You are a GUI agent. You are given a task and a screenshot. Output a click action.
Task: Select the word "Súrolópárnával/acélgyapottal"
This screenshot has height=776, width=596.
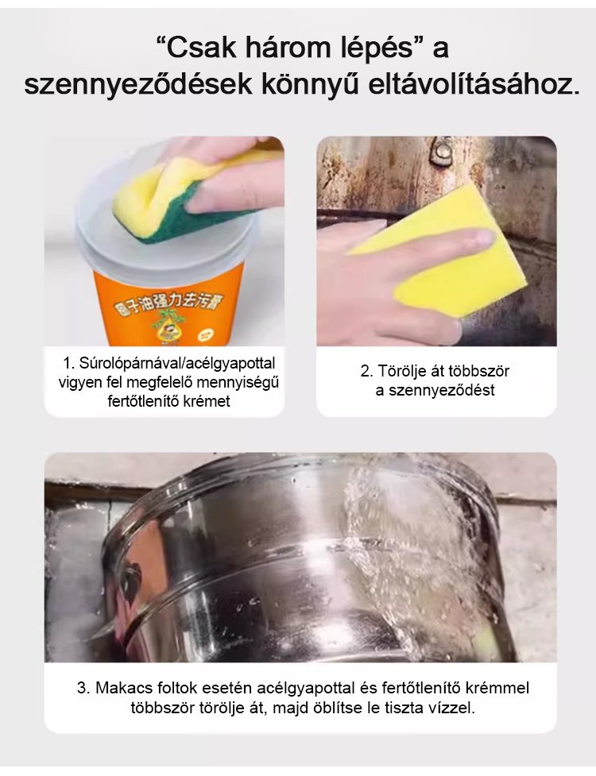click(x=176, y=364)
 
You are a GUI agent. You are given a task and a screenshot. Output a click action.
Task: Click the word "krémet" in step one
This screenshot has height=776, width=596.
click(x=207, y=400)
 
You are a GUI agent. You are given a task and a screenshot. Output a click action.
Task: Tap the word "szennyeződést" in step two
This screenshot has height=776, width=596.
click(x=442, y=391)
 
